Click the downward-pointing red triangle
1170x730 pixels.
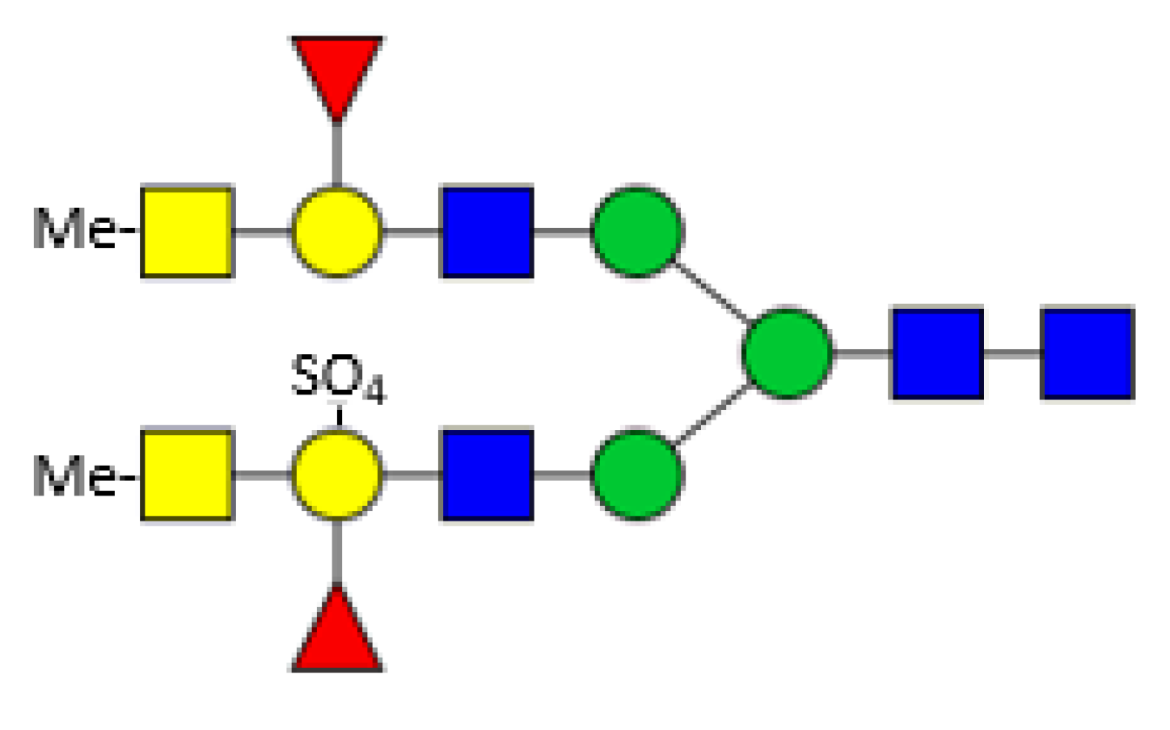point(336,71)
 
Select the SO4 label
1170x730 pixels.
point(338,377)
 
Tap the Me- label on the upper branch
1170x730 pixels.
point(81,229)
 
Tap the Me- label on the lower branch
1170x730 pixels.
point(81,475)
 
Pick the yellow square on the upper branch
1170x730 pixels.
point(187,232)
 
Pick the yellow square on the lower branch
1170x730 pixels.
point(187,475)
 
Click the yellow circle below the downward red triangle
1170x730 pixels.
point(336,232)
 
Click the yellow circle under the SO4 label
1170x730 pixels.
point(336,475)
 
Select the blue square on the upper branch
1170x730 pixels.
point(487,232)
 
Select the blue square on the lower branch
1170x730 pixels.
point(487,475)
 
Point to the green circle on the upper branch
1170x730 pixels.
point(636,232)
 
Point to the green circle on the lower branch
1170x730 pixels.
point(636,475)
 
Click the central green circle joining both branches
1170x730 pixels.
point(787,353)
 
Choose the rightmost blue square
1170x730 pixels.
point(1087,353)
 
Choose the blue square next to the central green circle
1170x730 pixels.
point(937,353)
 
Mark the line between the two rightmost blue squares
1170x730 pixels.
point(1012,353)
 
